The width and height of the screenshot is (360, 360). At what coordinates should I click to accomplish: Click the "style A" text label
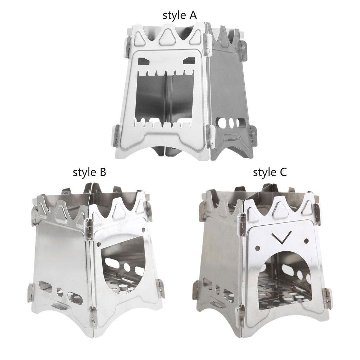(180, 15)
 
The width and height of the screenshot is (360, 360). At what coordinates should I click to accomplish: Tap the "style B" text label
(90, 172)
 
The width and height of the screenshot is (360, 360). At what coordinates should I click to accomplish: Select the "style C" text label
(270, 172)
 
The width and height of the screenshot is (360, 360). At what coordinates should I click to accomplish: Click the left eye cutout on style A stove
(144, 61)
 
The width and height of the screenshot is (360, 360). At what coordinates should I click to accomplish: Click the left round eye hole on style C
(258, 248)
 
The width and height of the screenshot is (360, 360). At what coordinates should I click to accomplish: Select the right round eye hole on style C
(306, 241)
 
